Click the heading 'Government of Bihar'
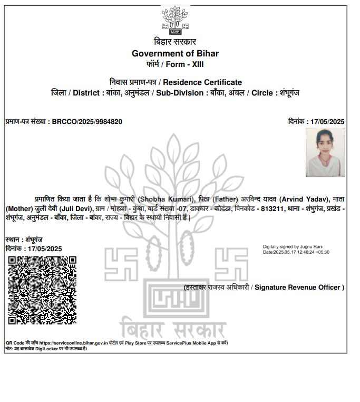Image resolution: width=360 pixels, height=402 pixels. [x=175, y=53]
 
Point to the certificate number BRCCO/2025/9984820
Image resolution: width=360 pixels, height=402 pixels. [x=87, y=122]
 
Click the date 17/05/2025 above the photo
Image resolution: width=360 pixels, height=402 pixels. [x=327, y=122]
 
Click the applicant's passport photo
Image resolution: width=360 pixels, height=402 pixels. [x=325, y=152]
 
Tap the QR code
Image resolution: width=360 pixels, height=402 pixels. [x=42, y=290]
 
